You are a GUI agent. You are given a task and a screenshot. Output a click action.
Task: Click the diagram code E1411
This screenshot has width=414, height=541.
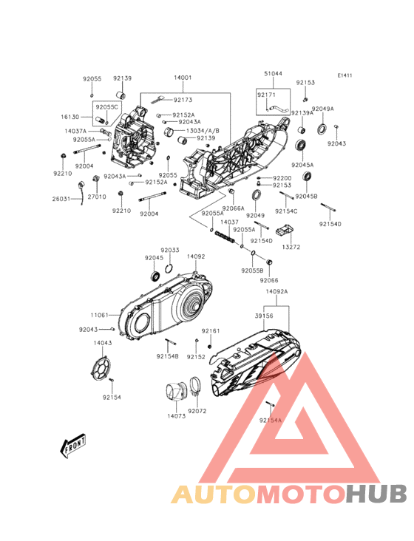click(x=345, y=75)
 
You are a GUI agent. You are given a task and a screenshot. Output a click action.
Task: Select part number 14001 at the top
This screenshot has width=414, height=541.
click(x=183, y=78)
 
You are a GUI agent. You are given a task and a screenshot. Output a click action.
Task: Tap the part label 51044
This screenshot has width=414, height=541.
click(x=273, y=74)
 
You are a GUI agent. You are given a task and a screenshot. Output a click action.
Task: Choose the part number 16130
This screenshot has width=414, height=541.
click(x=70, y=117)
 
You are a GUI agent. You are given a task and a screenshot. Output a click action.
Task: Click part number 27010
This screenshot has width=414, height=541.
click(x=97, y=197)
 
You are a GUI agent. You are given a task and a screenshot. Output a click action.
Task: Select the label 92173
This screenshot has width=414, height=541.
click(x=183, y=100)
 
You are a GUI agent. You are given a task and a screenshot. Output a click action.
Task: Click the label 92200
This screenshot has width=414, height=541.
click(x=282, y=178)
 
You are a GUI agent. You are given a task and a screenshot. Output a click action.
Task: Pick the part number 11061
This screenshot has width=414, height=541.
click(x=100, y=315)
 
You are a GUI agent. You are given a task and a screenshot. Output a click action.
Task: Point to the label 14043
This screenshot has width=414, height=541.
click(x=103, y=343)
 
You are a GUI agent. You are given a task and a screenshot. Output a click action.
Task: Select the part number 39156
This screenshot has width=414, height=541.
click(x=264, y=316)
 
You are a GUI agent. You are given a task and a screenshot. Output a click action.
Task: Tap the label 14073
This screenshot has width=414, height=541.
click(x=176, y=416)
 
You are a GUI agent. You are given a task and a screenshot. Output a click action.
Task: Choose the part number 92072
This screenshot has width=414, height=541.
click(x=197, y=411)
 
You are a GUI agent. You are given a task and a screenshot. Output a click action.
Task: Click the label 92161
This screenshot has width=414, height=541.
click(x=211, y=330)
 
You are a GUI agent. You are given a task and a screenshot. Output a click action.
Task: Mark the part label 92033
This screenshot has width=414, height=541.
click(x=170, y=251)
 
